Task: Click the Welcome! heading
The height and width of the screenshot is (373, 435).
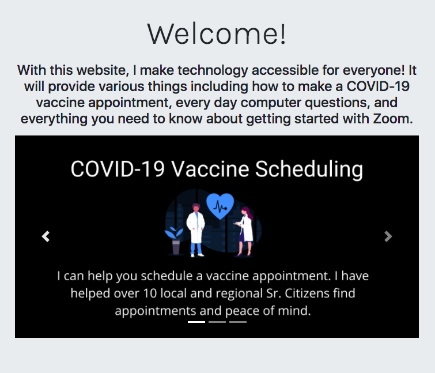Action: coord(217,34)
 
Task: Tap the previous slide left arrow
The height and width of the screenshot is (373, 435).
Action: coord(46,236)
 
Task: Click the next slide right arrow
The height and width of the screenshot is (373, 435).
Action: coord(388,236)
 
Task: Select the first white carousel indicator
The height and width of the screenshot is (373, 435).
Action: coord(196,322)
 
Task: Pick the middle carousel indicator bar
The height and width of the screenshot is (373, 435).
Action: coord(217,322)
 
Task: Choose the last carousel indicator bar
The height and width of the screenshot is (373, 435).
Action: coord(238,322)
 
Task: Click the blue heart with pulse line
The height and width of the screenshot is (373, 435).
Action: coord(220,206)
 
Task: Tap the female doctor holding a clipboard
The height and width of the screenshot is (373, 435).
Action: coord(245,231)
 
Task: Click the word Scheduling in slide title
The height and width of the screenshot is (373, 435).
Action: coord(309,169)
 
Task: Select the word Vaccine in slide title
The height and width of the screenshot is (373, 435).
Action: coord(210,169)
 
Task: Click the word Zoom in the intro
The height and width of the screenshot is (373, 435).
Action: coord(393,119)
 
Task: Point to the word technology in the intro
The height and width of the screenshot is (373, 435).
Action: coord(213,70)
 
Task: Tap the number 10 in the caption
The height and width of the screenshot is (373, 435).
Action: coord(150,293)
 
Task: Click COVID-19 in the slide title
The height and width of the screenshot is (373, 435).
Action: coord(118,169)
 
